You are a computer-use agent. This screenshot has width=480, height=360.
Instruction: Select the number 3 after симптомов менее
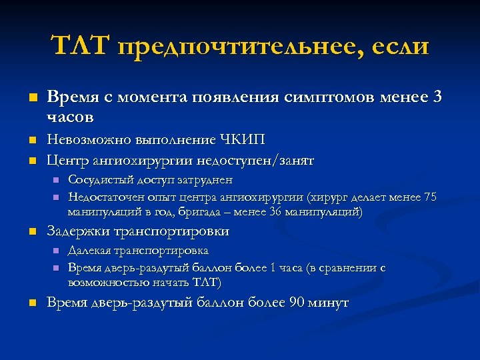pos(437,97)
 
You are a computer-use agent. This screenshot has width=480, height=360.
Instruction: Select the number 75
pos(430,197)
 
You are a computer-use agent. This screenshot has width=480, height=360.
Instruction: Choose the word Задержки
pos(78,232)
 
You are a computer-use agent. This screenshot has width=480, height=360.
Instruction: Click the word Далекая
pos(89,251)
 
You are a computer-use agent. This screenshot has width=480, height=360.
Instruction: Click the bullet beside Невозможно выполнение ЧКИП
pos(31,141)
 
